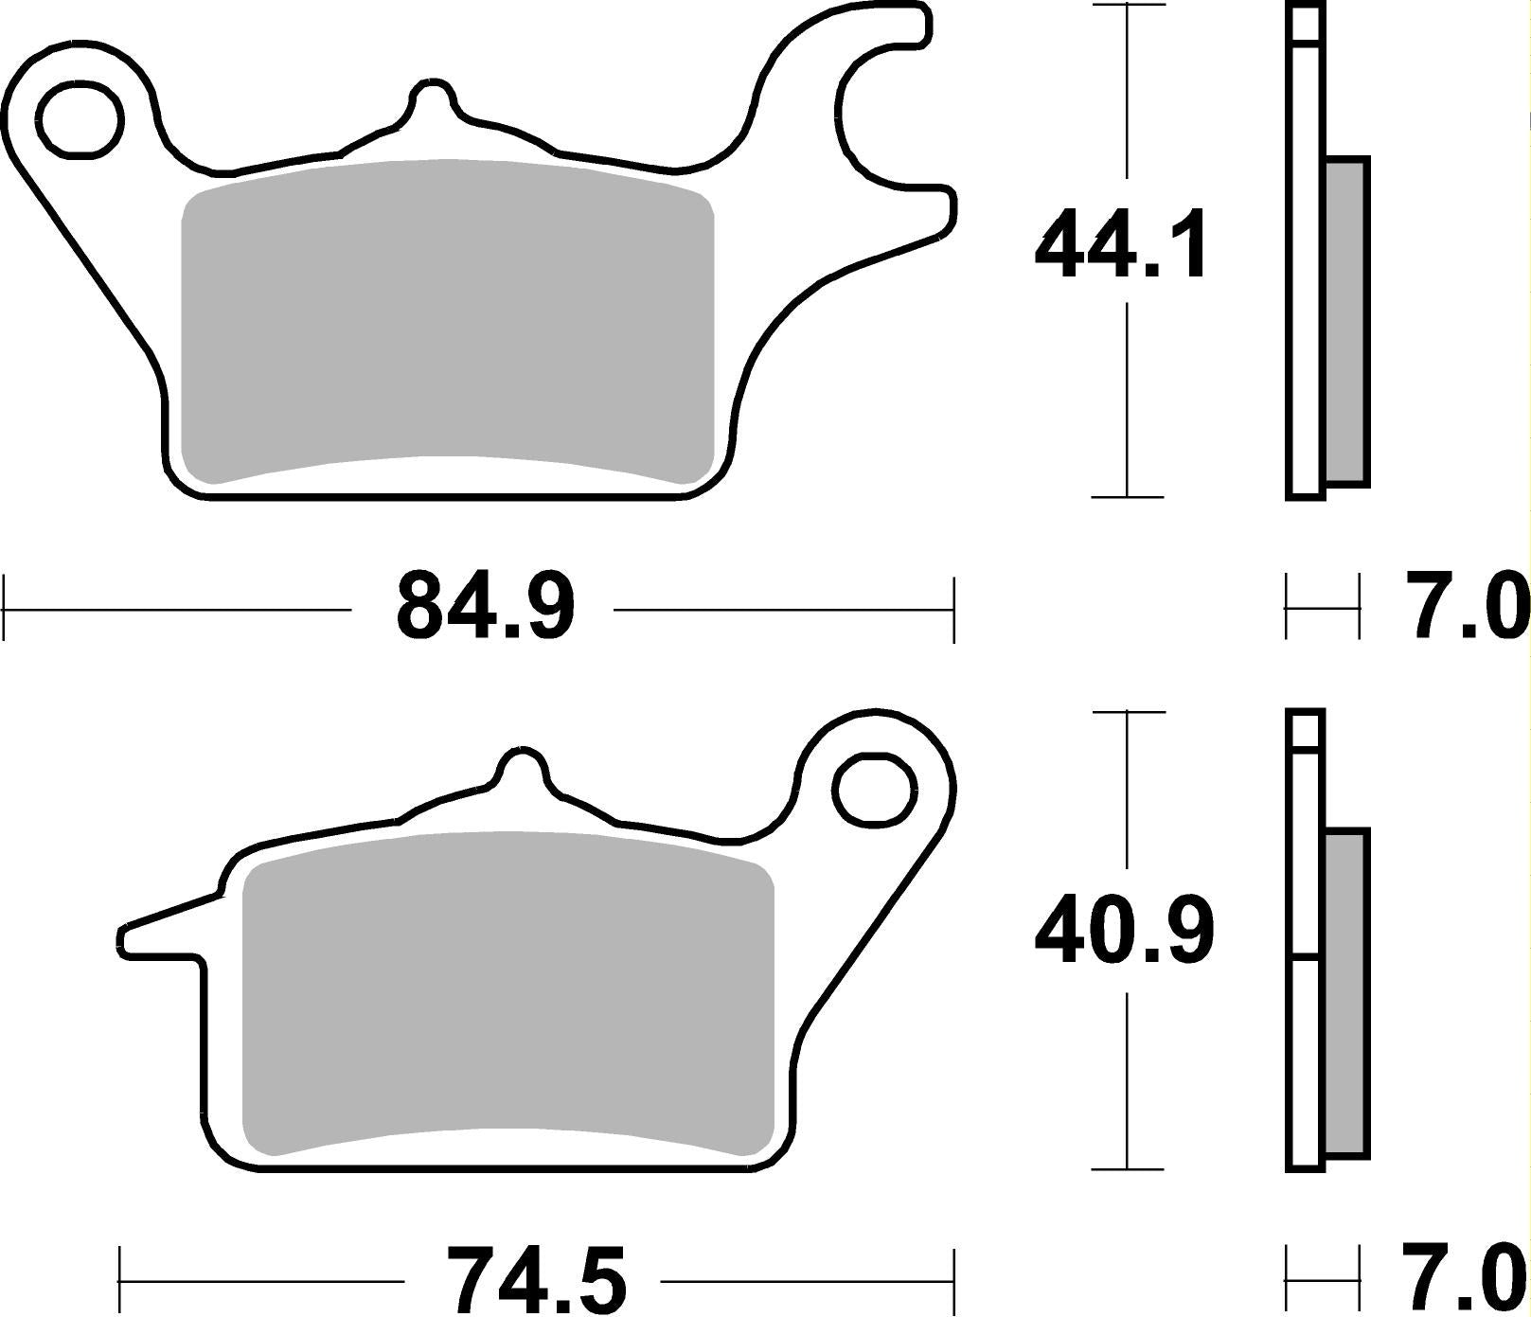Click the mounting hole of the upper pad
click(81, 119)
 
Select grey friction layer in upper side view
click(1346, 322)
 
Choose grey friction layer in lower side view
click(1346, 994)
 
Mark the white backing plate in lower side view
click(1306, 1041)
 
